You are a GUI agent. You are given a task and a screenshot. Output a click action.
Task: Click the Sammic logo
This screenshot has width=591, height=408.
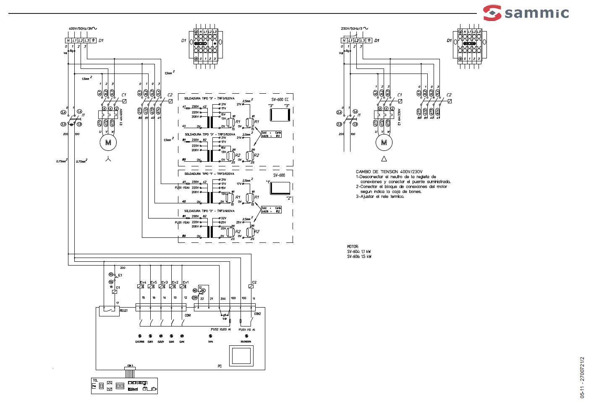pos(526,13)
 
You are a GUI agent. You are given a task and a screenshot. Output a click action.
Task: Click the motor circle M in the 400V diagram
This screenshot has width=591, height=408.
pos(108,142)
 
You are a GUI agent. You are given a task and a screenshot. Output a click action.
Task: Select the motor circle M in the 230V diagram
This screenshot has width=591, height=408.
pos(384,142)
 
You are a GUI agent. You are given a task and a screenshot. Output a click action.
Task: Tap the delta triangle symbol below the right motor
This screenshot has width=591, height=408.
pos(384,159)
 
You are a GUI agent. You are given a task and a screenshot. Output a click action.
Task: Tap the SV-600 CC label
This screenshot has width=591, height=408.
pos(280,99)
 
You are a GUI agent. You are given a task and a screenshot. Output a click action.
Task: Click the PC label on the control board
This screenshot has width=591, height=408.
pos(220,366)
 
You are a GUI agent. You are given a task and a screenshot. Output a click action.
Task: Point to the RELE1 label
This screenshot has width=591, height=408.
pos(124,311)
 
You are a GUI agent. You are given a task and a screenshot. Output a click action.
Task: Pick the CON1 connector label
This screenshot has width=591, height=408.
pos(188,315)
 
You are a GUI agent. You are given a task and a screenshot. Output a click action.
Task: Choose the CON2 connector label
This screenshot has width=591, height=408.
pos(258,314)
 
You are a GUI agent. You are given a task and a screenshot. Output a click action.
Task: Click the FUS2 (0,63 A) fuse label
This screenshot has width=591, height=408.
pos(221,329)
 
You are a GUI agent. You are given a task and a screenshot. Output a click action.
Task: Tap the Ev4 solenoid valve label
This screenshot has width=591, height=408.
pos(143,282)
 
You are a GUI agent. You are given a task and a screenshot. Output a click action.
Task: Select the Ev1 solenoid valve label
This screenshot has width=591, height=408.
pos(186,282)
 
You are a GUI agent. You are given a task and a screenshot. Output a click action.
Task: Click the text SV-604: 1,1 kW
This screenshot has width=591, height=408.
pos(359,252)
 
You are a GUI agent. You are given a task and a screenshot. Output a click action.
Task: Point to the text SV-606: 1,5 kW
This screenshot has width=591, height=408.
pos(359,257)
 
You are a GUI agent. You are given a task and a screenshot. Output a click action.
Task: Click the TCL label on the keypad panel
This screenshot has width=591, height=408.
pos(95,380)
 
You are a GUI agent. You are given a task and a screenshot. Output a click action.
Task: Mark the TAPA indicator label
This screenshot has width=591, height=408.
pos(211,342)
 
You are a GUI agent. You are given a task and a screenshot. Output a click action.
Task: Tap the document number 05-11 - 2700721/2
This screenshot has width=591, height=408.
pos(582,377)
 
